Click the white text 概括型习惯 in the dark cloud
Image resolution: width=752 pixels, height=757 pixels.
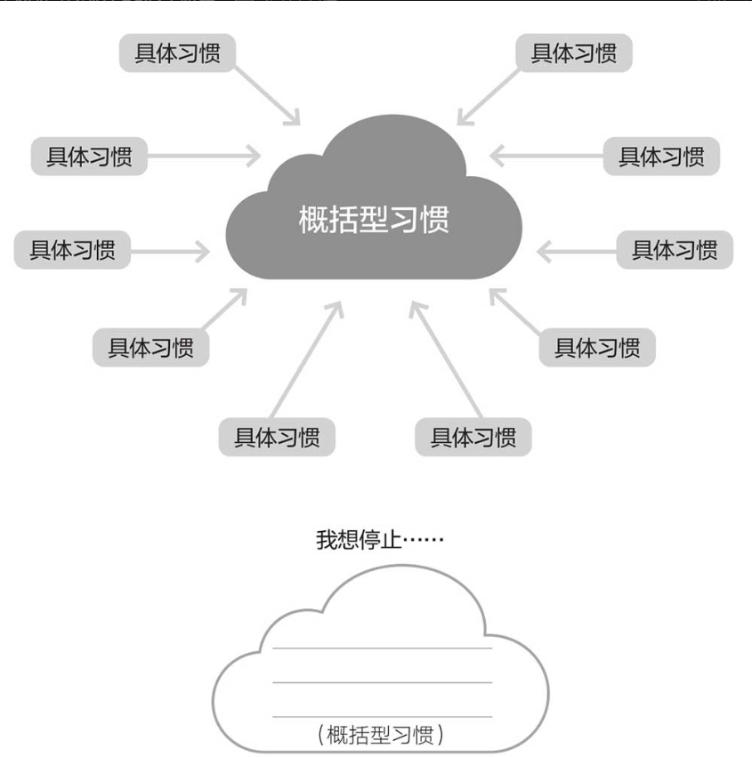pyautogui.click(x=374, y=219)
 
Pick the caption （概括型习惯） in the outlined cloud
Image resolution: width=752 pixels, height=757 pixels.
pyautogui.click(x=380, y=735)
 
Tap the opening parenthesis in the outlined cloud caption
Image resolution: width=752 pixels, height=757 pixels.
pyautogui.click(x=321, y=735)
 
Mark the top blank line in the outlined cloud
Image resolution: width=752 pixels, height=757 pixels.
pyautogui.click(x=382, y=648)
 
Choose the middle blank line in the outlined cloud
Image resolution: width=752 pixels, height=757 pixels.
pyautogui.click(x=382, y=682)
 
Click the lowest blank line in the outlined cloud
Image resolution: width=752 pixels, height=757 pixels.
pyautogui.click(x=382, y=716)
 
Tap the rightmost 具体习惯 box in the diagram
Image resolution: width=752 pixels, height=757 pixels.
pyautogui.click(x=675, y=250)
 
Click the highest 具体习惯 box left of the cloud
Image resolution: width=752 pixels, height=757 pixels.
pyautogui.click(x=177, y=53)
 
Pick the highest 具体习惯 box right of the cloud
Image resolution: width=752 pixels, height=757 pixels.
pyautogui.click(x=574, y=53)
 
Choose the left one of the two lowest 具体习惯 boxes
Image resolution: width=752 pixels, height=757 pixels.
pyautogui.click(x=277, y=438)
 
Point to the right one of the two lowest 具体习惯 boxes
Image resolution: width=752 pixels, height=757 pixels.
pyautogui.click(x=473, y=438)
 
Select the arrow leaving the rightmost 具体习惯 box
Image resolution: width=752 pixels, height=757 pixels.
pyautogui.click(x=577, y=252)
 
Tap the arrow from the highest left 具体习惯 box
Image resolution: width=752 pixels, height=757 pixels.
pyautogui.click(x=268, y=93)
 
